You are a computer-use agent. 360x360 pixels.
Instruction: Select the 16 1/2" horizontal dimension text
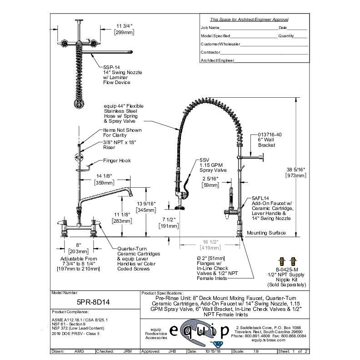coord(207,242)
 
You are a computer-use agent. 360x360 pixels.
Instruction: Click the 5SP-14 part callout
coord(111,67)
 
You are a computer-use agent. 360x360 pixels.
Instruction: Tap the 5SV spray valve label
coord(204,160)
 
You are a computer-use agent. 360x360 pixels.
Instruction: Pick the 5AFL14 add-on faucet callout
coord(260,199)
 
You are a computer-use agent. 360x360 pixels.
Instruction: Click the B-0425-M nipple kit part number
coord(286,269)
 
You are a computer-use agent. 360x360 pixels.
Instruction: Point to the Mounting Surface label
coord(266,233)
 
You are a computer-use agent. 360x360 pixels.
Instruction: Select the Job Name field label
coord(210,28)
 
